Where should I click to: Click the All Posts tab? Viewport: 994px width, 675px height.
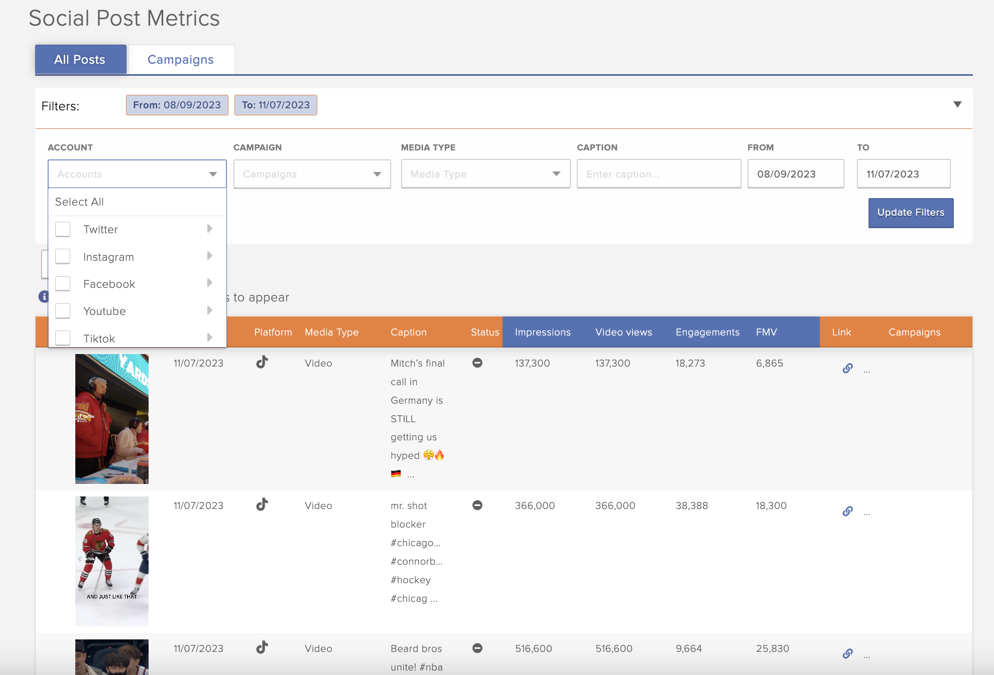(x=80, y=60)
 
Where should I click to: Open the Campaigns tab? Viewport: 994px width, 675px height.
(x=181, y=60)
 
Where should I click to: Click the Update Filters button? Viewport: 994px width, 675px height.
(x=911, y=213)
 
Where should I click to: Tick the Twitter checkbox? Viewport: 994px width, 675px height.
(x=63, y=229)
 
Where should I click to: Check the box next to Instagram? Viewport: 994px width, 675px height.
(x=63, y=257)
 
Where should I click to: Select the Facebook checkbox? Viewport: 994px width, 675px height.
(x=63, y=284)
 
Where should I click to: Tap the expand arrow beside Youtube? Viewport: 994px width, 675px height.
(x=210, y=310)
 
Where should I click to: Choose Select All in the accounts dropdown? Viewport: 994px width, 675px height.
(x=79, y=202)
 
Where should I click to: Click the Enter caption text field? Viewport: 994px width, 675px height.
(x=659, y=174)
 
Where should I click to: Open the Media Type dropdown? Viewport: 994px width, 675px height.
(x=485, y=174)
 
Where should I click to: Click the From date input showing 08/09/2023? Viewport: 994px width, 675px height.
(x=795, y=174)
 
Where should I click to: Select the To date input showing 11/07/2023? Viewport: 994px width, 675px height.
(x=903, y=174)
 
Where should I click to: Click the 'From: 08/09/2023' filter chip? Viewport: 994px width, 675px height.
(x=177, y=105)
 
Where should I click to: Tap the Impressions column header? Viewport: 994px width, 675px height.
(x=543, y=332)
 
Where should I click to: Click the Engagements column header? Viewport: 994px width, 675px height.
(x=707, y=332)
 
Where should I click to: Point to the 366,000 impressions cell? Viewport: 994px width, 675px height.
(x=535, y=505)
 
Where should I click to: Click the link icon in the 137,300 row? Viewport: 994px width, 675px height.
(x=847, y=369)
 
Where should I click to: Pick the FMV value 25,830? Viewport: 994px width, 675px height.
(x=773, y=648)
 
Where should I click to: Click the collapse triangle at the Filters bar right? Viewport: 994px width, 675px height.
(x=957, y=104)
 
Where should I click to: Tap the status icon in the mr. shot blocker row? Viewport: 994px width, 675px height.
(x=477, y=505)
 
